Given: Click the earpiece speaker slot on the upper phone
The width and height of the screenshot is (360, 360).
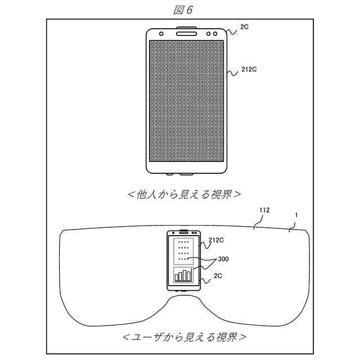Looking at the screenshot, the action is pyautogui.click(x=186, y=33).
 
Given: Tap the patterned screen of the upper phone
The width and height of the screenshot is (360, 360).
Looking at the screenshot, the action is pyautogui.click(x=186, y=101).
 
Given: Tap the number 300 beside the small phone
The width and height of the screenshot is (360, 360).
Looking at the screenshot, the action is pyautogui.click(x=223, y=259).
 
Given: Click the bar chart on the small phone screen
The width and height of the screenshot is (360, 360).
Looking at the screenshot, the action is pyautogui.click(x=183, y=274).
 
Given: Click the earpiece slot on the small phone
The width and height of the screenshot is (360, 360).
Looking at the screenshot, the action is pyautogui.click(x=183, y=232).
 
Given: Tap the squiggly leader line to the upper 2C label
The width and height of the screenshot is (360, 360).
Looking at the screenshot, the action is pyautogui.click(x=233, y=30).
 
